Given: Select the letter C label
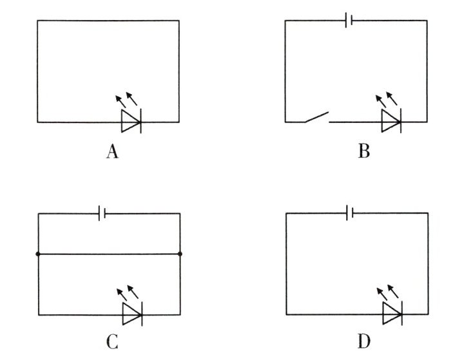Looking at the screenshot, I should pos(112,339).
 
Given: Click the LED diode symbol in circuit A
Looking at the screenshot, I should pos(131,121).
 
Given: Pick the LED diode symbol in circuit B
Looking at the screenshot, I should pos(391,121).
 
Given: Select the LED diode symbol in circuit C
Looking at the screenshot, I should pos(132,315).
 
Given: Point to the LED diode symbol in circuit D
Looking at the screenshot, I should pos(391,315).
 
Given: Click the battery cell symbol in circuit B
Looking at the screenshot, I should pos(349,21).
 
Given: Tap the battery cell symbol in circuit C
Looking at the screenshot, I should pos(102,213).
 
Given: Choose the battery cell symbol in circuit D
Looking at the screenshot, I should pos(349,213).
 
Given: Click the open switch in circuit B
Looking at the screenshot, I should pos(316,118).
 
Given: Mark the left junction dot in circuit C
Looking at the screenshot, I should pos(38,254).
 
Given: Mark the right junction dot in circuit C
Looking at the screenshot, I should pos(180,254).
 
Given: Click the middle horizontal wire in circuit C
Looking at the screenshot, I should pos(109,254).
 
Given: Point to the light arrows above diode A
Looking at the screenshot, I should pos(126,99).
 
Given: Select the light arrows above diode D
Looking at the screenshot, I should pos(385,292).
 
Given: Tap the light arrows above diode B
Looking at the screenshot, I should pos(385,99).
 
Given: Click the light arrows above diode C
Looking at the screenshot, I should pos(126,292).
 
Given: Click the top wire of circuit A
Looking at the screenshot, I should pos(108,21).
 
